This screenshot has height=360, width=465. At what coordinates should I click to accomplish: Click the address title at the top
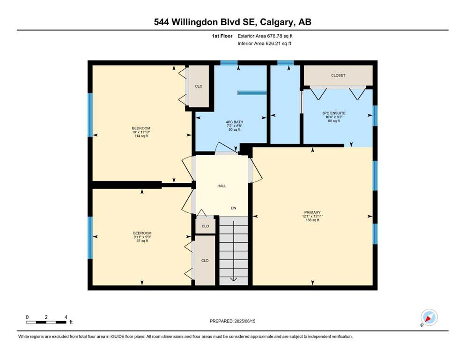point(232,22)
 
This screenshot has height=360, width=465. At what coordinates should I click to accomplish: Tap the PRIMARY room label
point(312,212)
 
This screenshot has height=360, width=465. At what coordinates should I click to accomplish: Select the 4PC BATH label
point(234,122)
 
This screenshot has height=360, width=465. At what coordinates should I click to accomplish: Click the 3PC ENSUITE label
point(333,113)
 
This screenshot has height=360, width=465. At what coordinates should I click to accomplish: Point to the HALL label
point(222,186)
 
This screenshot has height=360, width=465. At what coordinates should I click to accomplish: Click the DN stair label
point(234,208)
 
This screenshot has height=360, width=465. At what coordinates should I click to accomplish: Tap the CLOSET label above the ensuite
point(338,75)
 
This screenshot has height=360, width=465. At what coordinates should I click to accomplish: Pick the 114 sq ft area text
point(141,136)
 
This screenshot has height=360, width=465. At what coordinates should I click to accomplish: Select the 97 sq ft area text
point(142,240)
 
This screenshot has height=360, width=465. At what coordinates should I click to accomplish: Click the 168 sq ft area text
point(312,220)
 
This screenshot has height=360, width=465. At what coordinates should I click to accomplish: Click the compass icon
point(429,317)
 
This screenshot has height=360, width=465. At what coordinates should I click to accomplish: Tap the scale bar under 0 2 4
point(46,322)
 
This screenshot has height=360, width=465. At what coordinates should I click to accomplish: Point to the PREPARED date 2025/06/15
point(232,321)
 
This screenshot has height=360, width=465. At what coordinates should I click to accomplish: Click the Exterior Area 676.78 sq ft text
point(265,36)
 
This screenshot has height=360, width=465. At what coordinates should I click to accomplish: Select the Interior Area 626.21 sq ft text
point(264,43)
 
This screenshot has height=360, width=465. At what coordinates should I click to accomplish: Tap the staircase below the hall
point(233,251)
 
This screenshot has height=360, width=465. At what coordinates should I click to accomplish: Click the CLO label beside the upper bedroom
point(199,86)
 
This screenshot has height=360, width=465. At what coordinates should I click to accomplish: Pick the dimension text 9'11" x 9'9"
point(142,237)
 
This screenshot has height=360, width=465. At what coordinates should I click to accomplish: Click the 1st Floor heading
point(222,36)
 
